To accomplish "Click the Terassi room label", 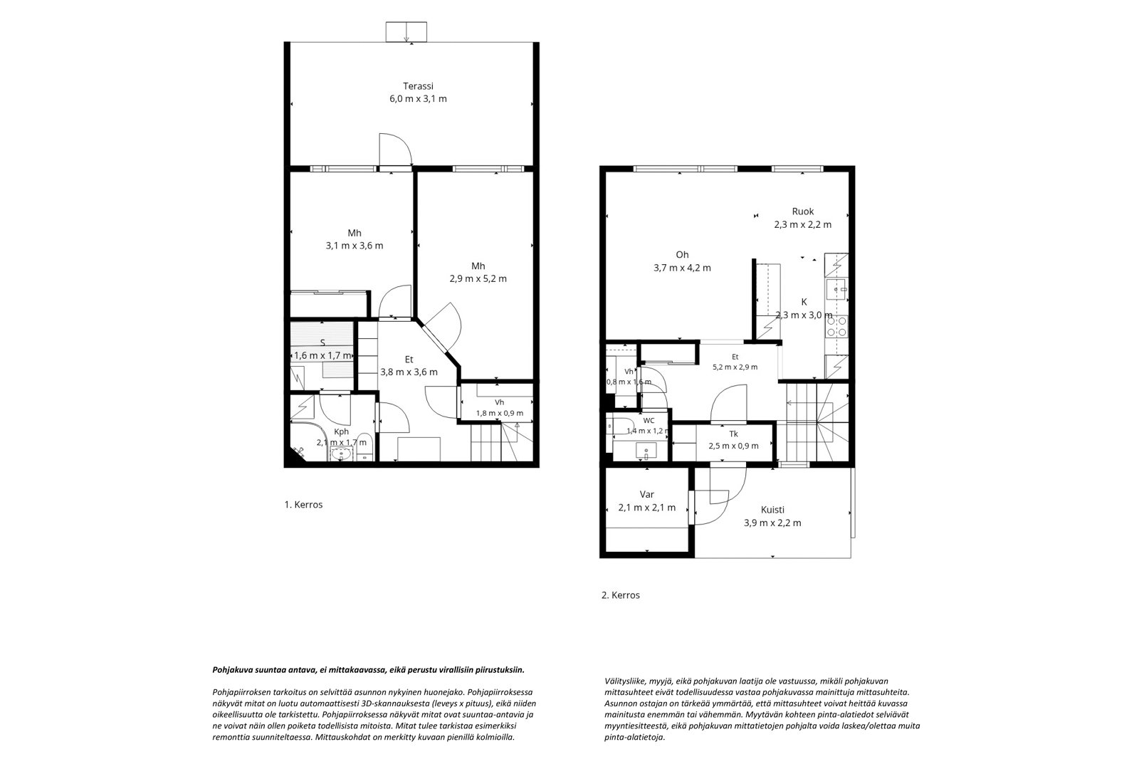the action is (x=418, y=86).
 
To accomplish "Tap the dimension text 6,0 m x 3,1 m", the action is (x=418, y=99).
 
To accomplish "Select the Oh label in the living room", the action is (x=682, y=255).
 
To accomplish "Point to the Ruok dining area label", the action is (x=803, y=211).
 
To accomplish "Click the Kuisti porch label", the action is (x=772, y=510).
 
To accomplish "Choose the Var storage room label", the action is (x=647, y=494).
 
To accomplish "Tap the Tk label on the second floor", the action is (x=733, y=434).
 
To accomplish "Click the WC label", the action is (x=649, y=421).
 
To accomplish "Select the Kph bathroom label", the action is (x=341, y=432).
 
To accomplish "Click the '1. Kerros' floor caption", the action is (x=303, y=505).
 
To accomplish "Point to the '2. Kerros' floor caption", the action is (x=620, y=595).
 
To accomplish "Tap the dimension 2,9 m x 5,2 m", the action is (x=478, y=279).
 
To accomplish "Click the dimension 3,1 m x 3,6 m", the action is (x=355, y=246).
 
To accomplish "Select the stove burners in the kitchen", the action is (x=837, y=327).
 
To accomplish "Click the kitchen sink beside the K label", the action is (x=836, y=289).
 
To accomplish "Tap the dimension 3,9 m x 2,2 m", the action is (x=772, y=523).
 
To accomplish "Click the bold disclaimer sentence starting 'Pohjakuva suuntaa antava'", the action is (x=368, y=670).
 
